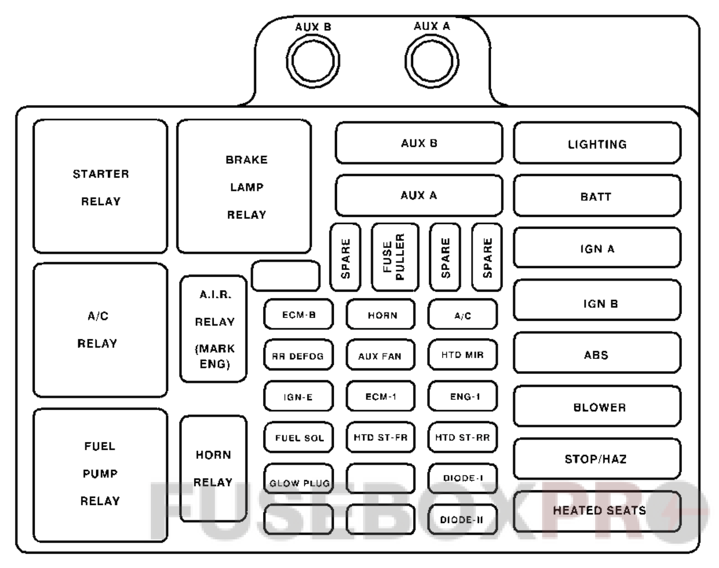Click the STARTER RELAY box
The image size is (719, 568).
tap(100, 186)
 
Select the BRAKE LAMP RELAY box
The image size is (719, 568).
tap(244, 186)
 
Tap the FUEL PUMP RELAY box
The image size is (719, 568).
tap(100, 474)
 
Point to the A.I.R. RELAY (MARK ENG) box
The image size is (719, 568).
tap(214, 329)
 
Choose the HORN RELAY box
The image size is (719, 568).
tap(213, 468)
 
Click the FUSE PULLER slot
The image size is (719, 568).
tap(394, 257)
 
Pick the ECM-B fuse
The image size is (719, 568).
tap(299, 315)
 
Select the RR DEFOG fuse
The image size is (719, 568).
tap(299, 356)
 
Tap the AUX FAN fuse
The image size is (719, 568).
tap(380, 356)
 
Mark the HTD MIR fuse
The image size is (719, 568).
tap(462, 355)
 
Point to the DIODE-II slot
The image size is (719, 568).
tap(462, 519)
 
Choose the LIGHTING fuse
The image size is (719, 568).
tap(597, 143)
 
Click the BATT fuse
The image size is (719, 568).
tap(597, 196)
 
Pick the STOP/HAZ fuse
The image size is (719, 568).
tap(597, 458)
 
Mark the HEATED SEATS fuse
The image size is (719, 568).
tap(597, 511)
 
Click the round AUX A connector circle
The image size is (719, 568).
tap(432, 61)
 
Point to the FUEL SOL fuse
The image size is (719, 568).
tap(299, 438)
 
